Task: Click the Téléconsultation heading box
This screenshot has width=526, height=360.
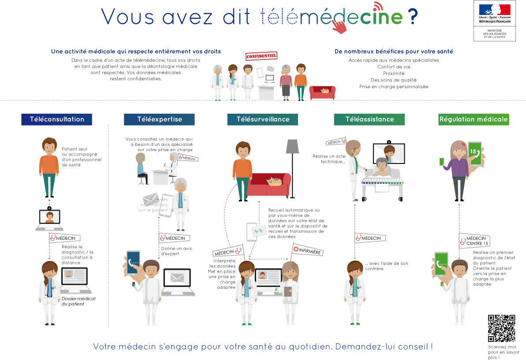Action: click(x=56, y=119)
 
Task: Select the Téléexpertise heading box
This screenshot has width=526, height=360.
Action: click(x=159, y=119)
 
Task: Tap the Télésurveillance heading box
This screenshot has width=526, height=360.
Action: click(x=263, y=119)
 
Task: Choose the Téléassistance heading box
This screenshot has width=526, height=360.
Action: click(x=369, y=119)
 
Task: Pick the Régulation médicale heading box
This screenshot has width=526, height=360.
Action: click(x=473, y=119)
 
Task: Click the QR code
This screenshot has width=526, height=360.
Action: click(x=501, y=328)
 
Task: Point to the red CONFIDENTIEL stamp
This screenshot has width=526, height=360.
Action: click(x=261, y=56)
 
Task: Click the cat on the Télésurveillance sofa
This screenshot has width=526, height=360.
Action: click(x=274, y=182)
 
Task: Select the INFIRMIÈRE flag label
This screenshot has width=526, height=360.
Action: click(x=307, y=251)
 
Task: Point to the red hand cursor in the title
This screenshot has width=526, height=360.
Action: click(x=339, y=26)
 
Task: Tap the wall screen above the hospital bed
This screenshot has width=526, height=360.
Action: click(x=388, y=152)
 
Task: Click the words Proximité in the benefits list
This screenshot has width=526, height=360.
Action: click(x=394, y=74)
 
